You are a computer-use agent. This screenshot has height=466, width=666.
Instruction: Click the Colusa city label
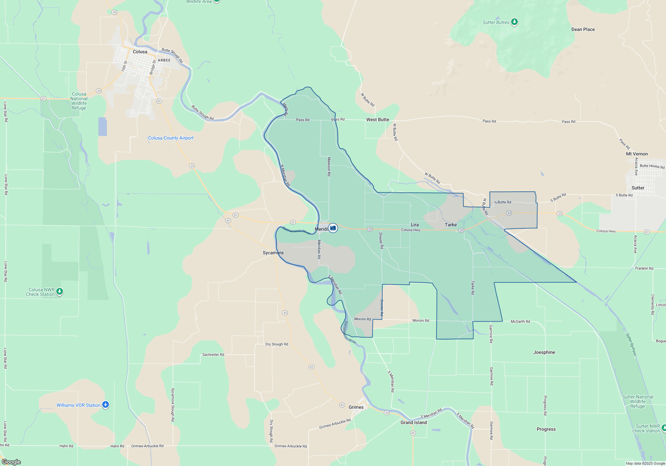pyautogui.click(x=140, y=52)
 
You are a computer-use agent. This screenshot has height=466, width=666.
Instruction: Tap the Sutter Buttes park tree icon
pyautogui.click(x=514, y=22)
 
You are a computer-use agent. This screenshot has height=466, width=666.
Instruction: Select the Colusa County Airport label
pyautogui.click(x=170, y=138)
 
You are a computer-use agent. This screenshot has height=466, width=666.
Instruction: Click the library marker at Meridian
pyautogui.click(x=333, y=228)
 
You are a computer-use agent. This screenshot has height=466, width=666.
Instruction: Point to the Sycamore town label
pyautogui.click(x=273, y=253)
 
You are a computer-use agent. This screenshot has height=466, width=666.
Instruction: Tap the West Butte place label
pyautogui.click(x=378, y=119)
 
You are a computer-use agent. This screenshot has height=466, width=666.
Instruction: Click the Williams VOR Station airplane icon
pyautogui.click(x=106, y=405)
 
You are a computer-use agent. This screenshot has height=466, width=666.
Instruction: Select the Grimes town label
pyautogui.click(x=356, y=407)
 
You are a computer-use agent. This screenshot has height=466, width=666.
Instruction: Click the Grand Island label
pyautogui.click(x=414, y=422)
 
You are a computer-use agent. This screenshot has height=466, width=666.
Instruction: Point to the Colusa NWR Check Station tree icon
pyautogui.click(x=60, y=292)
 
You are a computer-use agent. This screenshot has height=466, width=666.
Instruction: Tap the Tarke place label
pyautogui.click(x=451, y=225)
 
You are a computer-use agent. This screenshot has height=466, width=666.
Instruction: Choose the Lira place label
pyautogui.click(x=415, y=225)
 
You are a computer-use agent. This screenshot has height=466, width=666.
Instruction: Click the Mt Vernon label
pyautogui.click(x=637, y=154)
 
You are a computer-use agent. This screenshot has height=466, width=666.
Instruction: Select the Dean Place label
pyautogui.click(x=583, y=29)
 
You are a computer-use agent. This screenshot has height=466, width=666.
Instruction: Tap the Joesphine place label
pyautogui.click(x=544, y=352)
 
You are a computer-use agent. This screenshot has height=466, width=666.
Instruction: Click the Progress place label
pyautogui.click(x=546, y=429)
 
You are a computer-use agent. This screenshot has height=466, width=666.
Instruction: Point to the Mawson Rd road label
pyautogui.click(x=329, y=166)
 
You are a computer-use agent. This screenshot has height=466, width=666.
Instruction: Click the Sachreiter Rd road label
pyautogui.click(x=213, y=354)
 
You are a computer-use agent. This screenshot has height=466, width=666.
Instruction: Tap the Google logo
pyautogui.click(x=11, y=462)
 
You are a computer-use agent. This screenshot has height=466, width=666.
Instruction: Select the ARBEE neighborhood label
pyautogui.click(x=164, y=60)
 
